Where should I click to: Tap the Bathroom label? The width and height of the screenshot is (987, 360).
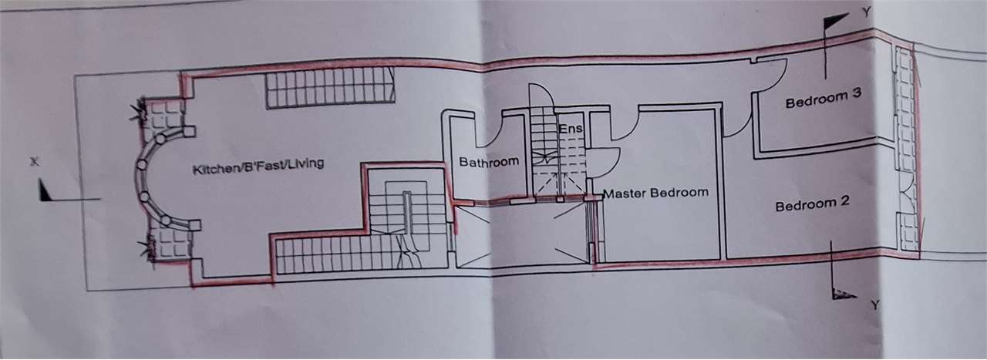pos(489,162)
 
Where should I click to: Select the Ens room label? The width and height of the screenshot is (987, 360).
pos(569,128)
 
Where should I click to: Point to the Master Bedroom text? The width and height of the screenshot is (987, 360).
pos(655,193)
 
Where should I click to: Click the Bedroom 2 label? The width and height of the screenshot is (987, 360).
pos(812,205)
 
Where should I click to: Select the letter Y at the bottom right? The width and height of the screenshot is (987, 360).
pos(875,304)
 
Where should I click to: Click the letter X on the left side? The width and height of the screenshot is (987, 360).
pos(33,163)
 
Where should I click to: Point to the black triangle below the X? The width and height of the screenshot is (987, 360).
pos(45,190)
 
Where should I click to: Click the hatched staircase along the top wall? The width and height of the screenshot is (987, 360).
pos(330,87)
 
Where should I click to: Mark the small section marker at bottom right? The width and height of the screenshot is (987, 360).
pos(844,292)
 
